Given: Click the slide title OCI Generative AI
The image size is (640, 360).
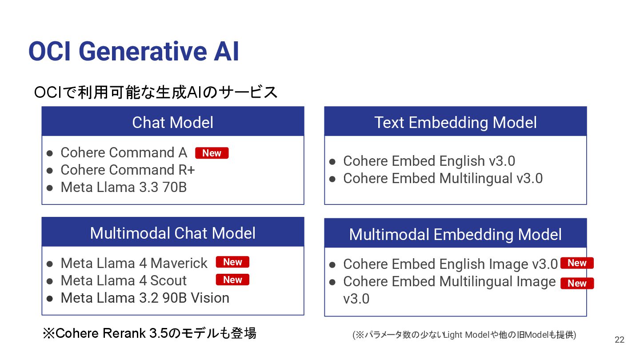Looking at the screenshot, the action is (x=133, y=52).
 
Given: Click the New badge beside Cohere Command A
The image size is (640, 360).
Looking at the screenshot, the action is (x=212, y=153).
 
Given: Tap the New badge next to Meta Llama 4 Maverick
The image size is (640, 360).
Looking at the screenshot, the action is (x=232, y=262).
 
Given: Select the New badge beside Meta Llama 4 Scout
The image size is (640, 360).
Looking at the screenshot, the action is (x=232, y=280).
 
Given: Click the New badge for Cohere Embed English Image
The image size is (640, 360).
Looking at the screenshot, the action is (x=577, y=263).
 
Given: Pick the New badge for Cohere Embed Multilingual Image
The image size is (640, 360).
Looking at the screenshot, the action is (x=577, y=283).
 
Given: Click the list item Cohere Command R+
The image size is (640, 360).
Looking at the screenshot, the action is (x=128, y=170).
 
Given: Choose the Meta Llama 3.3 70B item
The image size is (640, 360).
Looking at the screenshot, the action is (x=124, y=188).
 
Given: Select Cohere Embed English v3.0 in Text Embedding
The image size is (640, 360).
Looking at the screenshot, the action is (x=429, y=161).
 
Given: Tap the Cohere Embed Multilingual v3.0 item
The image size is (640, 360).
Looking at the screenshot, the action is (x=443, y=179).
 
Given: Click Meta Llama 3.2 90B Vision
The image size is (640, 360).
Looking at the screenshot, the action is (x=145, y=298).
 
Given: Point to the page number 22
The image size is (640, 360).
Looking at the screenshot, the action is (x=620, y=340).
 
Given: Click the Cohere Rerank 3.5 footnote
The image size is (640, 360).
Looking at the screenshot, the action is (x=149, y=333).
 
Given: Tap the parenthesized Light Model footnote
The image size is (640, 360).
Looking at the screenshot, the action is (x=464, y=335).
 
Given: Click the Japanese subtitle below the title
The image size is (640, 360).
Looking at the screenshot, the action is (x=156, y=92).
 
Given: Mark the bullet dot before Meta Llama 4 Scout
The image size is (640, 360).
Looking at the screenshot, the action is (x=50, y=281).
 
